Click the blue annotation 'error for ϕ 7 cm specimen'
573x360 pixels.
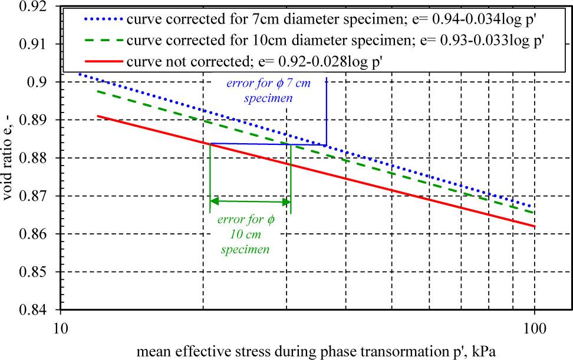(276, 91)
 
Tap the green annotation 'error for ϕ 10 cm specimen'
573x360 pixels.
(246, 235)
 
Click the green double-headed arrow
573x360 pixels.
(251, 202)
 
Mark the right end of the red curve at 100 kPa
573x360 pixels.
(534, 226)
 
